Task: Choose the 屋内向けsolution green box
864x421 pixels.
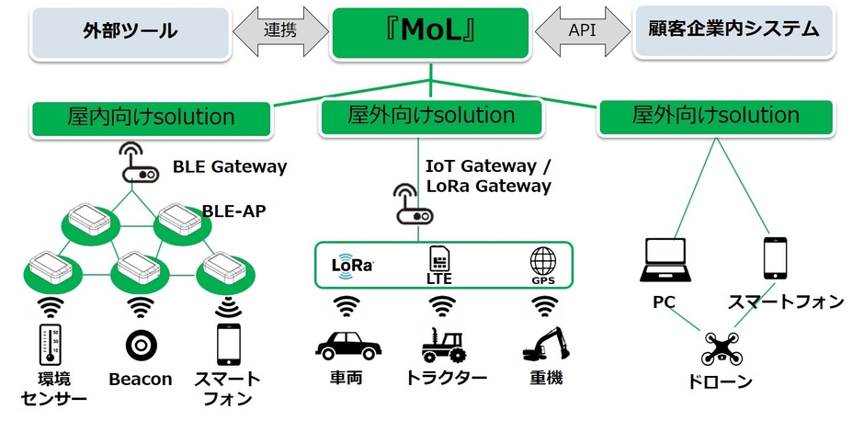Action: coord(151,118)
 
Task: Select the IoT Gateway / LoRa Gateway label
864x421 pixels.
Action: coord(488,176)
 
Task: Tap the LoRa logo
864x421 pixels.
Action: coord(352,264)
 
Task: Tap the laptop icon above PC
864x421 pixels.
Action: coord(663,260)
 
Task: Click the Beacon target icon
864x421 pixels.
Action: coord(140,346)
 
